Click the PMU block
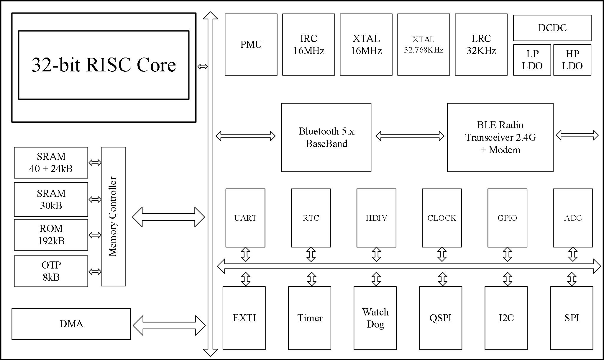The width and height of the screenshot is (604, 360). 251,45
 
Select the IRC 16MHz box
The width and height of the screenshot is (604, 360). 308,45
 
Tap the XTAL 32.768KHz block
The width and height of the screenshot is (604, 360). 424,45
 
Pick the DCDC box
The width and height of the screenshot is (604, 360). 552,28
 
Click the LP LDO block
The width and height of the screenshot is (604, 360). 532,60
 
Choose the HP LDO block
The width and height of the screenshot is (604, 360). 572,60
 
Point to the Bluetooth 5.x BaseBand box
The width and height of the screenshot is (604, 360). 326,137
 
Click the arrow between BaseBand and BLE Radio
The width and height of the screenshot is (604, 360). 410,136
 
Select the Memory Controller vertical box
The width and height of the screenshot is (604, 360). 114,216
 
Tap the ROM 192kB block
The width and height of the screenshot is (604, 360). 51,235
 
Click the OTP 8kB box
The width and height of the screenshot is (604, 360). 51,271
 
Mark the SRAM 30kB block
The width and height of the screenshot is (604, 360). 51,199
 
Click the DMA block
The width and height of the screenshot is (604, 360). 71,324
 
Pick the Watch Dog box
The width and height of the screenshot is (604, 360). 375,318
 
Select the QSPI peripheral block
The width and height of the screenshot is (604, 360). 441,318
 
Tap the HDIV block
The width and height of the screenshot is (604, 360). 376,218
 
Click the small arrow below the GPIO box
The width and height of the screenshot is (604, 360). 507,254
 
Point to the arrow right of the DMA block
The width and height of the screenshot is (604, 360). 169,325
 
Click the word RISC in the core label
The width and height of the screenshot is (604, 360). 108,65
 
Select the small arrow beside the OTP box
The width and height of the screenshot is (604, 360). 95,271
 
